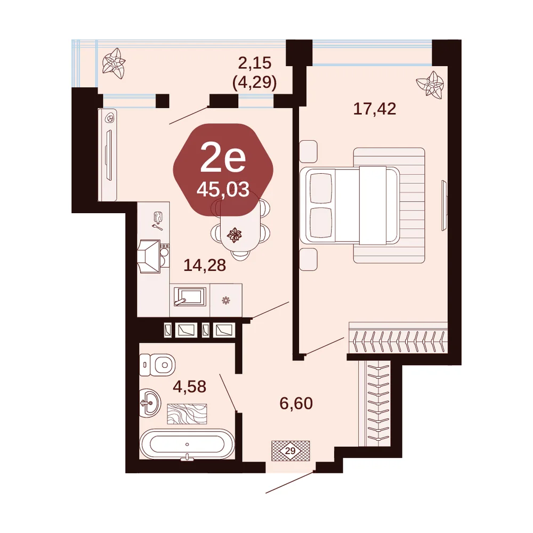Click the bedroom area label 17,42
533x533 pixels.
pos(375,109)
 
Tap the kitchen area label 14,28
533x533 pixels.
pos(205,265)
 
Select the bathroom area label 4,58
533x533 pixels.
pos(190,386)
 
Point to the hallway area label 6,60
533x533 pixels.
pos(296,403)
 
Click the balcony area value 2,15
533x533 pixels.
pos(255,63)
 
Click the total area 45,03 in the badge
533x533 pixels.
pos(223,189)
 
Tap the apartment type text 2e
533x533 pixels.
pos(223,158)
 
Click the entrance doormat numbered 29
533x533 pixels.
pos(290,451)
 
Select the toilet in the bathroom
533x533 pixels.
pos(157,365)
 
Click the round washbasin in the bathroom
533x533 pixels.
pos(150,403)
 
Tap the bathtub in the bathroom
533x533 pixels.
pos(187,444)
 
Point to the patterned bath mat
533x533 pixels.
pos(187,414)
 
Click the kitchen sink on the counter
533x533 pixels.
pos(190,297)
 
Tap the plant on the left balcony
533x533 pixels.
pos(114,63)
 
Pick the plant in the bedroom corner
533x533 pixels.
pos(430,85)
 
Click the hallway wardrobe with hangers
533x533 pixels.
pos(375,404)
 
